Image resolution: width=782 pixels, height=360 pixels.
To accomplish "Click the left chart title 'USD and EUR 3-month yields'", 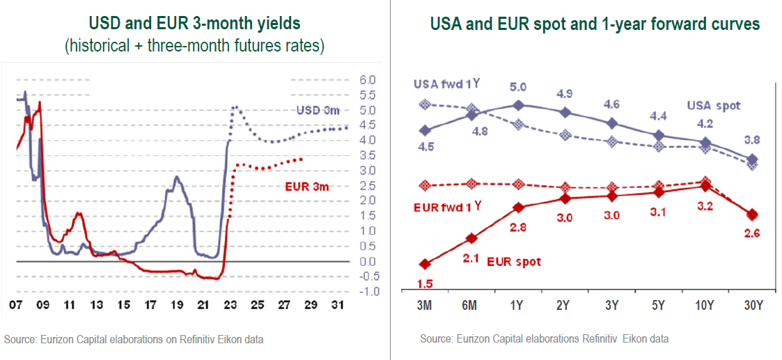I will (x=196, y=23).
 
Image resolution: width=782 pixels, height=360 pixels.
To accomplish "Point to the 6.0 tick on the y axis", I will (x=367, y=79).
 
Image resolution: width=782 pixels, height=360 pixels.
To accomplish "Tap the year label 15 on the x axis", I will (x=123, y=306).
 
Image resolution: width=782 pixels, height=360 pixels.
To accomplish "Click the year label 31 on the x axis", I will (x=337, y=306).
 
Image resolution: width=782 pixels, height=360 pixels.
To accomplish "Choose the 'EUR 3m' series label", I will (x=306, y=187).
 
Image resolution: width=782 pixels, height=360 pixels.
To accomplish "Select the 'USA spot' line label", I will (x=714, y=106).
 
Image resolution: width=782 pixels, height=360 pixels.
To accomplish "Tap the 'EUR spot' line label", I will (x=515, y=262).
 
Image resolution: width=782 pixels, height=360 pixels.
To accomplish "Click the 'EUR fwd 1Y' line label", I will (x=447, y=206).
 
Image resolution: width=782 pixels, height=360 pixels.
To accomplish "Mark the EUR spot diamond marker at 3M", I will (x=424, y=264).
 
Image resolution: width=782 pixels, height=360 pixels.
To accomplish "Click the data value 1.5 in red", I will (x=425, y=283).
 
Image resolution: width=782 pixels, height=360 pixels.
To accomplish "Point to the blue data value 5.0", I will (x=517, y=87).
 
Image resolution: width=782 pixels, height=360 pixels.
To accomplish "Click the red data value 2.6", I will (x=752, y=233).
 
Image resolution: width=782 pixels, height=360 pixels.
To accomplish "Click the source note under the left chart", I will (x=134, y=339).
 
